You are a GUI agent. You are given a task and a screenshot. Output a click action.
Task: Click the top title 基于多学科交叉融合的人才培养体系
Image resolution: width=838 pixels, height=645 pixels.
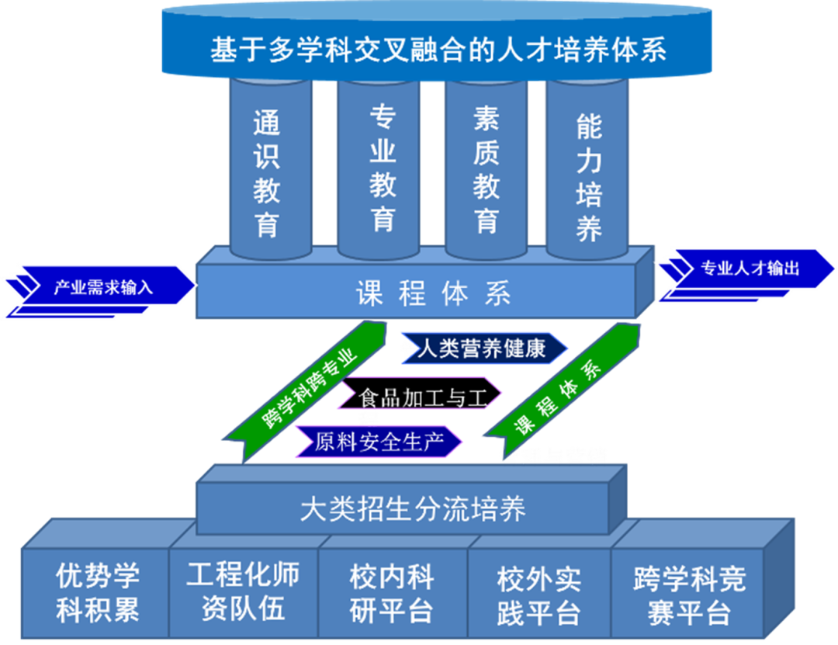coord(438,50)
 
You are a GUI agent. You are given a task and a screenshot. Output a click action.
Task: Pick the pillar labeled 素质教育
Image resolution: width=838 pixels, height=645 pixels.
coord(487,170)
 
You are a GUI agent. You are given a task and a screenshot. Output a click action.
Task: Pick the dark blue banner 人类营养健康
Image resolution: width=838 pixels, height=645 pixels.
coord(483,349)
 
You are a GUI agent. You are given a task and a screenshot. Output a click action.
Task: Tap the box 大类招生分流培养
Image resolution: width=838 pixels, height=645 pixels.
coord(412,509)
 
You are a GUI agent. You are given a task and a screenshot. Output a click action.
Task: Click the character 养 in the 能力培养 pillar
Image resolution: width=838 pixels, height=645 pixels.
coord(589,230)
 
